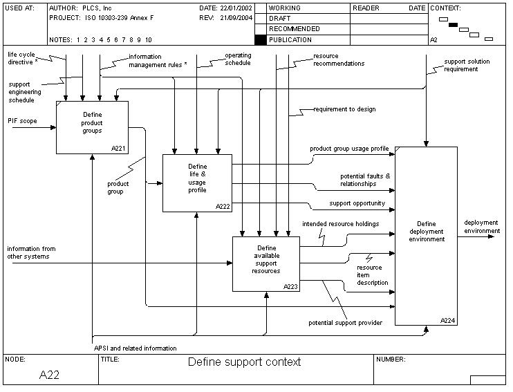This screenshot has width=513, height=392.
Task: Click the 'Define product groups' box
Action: click(92, 127)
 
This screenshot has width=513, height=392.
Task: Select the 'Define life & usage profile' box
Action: click(197, 183)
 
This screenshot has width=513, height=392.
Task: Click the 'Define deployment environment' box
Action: click(427, 235)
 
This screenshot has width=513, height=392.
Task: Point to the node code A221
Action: click(119, 149)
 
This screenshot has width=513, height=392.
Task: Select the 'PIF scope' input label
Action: click(23, 120)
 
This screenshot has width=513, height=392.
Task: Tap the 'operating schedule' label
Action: click(238, 59)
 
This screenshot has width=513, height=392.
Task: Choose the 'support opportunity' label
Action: click(357, 203)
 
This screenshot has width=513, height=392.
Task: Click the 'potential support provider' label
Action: click(345, 323)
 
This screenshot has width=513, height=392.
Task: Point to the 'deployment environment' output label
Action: click(481, 227)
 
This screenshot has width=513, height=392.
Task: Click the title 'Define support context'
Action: click(245, 362)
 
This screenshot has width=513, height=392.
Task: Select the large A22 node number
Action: click(50, 375)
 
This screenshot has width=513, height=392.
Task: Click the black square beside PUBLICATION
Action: click(261, 40)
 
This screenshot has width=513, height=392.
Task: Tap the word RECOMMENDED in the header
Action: click(294, 29)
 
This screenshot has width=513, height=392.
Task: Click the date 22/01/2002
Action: click(234, 8)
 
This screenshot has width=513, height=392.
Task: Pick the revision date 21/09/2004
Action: click(234, 18)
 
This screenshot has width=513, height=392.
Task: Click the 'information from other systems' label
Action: click(31, 252)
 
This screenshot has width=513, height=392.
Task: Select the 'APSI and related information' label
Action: click(136, 348)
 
